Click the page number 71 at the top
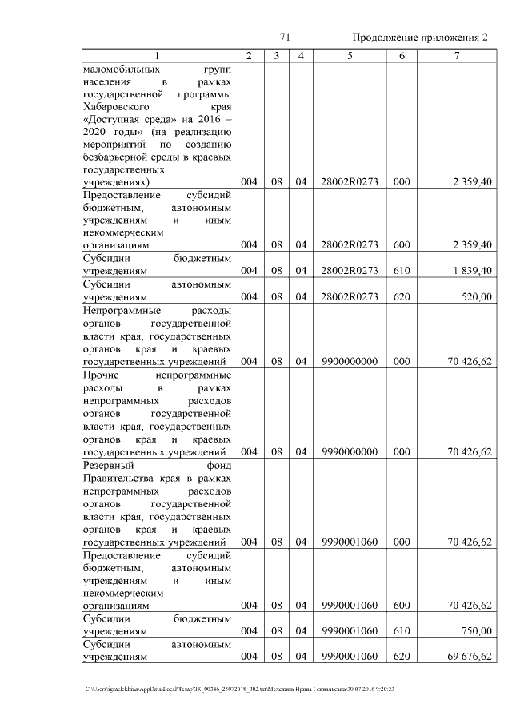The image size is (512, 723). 284,38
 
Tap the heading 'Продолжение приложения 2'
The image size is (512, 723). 419,38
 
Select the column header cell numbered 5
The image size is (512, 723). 349,56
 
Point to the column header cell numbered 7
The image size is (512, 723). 456,56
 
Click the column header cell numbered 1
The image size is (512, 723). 157,56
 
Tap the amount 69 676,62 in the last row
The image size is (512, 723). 468,657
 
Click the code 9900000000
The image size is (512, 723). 349,362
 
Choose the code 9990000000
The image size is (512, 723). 349,452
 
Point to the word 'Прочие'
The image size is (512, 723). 100,375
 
